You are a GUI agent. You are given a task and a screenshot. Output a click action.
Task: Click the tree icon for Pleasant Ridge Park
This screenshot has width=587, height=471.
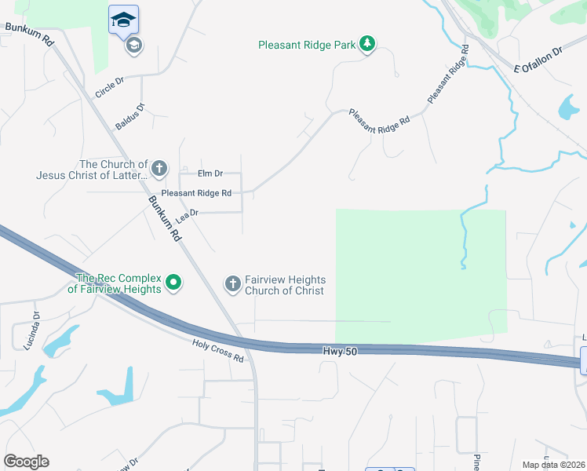(x=367, y=44)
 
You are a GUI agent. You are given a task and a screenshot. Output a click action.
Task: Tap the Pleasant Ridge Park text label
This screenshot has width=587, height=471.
(x=307, y=45)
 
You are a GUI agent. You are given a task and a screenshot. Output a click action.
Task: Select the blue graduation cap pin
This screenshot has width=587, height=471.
(x=123, y=19)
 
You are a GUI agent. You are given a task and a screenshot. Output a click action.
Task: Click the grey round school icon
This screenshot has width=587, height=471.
(x=133, y=46)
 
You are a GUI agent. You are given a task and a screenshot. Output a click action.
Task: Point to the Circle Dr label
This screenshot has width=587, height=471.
(x=109, y=87)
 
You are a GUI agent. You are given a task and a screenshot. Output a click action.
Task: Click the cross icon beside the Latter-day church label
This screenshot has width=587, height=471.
(x=159, y=168)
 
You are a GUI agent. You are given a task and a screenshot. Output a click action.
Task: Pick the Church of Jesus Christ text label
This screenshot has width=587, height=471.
(x=92, y=170)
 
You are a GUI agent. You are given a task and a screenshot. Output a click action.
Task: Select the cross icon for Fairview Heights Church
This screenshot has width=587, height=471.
(x=232, y=283)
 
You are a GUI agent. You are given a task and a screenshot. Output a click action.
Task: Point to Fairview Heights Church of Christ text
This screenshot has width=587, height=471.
(x=285, y=285)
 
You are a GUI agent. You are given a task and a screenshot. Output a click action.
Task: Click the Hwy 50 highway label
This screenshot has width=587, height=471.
(x=340, y=351)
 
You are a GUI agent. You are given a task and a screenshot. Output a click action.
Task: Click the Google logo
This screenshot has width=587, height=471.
(x=26, y=462)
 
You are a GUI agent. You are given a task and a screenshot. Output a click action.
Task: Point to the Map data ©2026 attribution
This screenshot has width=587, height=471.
(x=553, y=465)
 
